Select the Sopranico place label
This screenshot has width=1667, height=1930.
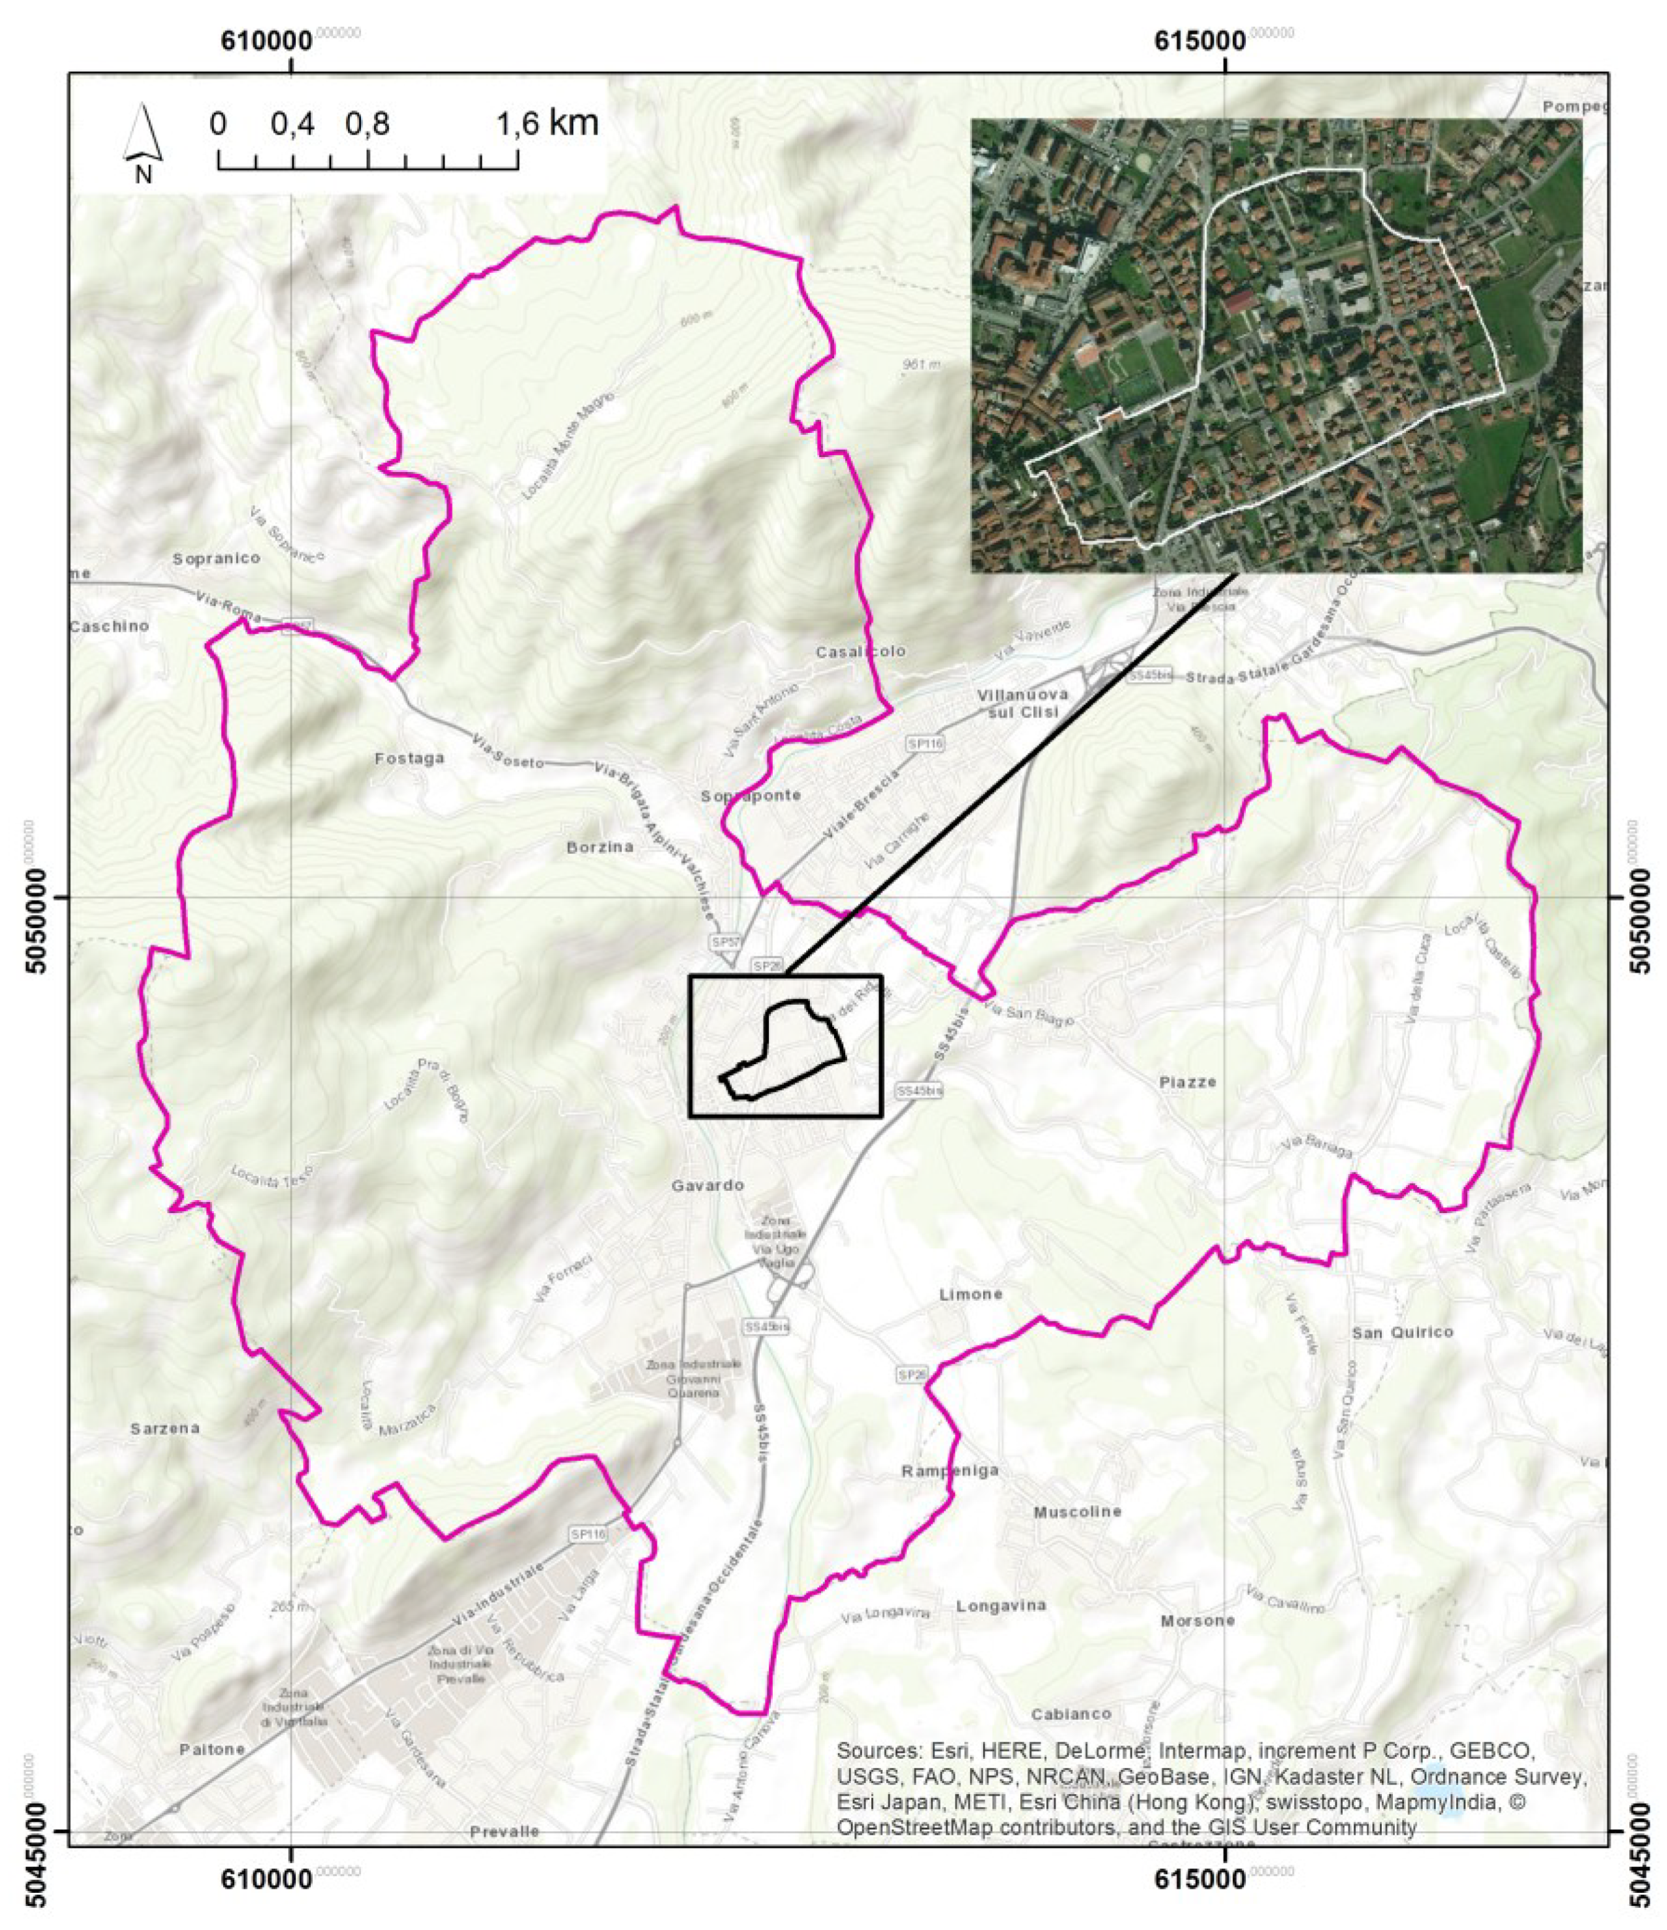[x=217, y=558]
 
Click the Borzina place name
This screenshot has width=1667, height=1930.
[x=600, y=847]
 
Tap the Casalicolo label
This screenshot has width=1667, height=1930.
[x=860, y=652]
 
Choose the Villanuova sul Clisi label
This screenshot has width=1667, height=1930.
[x=1021, y=704]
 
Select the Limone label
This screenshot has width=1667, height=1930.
[x=971, y=1295]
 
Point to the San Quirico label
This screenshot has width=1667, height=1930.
[x=1403, y=1333]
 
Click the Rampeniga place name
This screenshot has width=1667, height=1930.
[x=950, y=1471]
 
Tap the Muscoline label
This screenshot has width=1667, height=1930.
[x=1078, y=1511]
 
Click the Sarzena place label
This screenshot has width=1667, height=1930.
[x=165, y=1428]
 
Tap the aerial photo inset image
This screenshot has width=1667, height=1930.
[x=1276, y=345]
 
